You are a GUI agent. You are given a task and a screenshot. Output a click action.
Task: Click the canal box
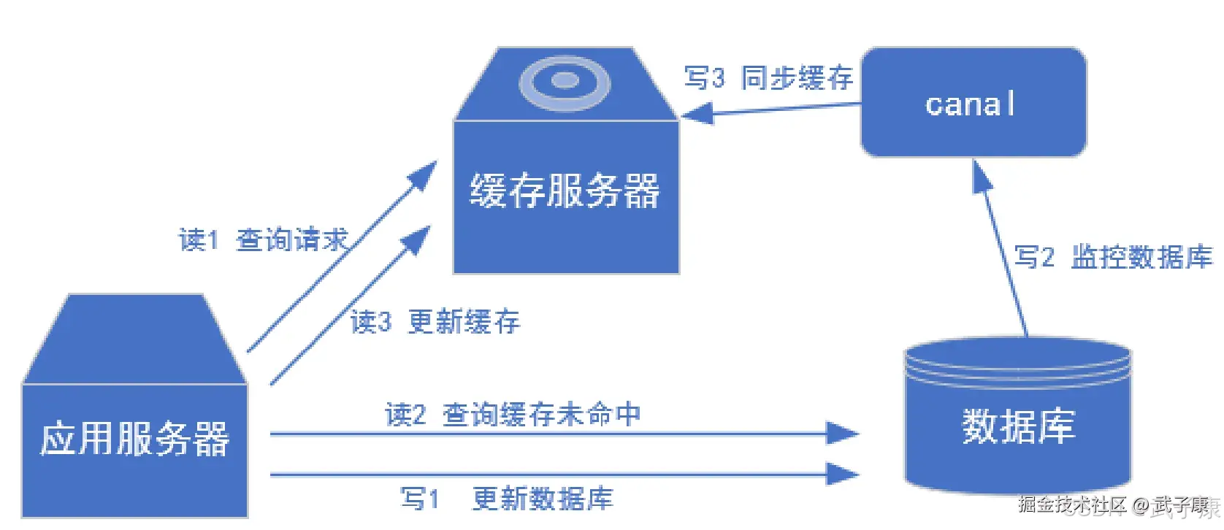tap(973, 102)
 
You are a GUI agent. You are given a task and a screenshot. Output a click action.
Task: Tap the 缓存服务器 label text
tap(565, 191)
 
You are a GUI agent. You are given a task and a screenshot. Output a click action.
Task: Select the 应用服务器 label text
tap(135, 439)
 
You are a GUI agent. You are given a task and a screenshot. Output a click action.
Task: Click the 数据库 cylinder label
tap(1018, 426)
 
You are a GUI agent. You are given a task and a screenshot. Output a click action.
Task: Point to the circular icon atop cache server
tap(565, 81)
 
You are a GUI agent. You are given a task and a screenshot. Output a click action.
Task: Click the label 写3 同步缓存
tap(768, 77)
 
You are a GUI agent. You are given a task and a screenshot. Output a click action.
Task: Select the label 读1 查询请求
tap(264, 239)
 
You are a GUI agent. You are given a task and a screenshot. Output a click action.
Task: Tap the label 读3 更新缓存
tap(435, 321)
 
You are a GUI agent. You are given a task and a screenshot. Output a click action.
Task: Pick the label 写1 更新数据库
tap(507, 499)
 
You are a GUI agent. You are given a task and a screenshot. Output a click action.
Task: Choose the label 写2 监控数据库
tap(1113, 257)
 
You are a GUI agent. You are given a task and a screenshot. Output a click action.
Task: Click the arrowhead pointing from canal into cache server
tap(696, 114)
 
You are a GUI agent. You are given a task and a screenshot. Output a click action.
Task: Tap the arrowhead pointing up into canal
tap(982, 176)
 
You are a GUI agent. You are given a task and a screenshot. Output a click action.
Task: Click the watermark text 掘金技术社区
tap(1072, 504)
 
